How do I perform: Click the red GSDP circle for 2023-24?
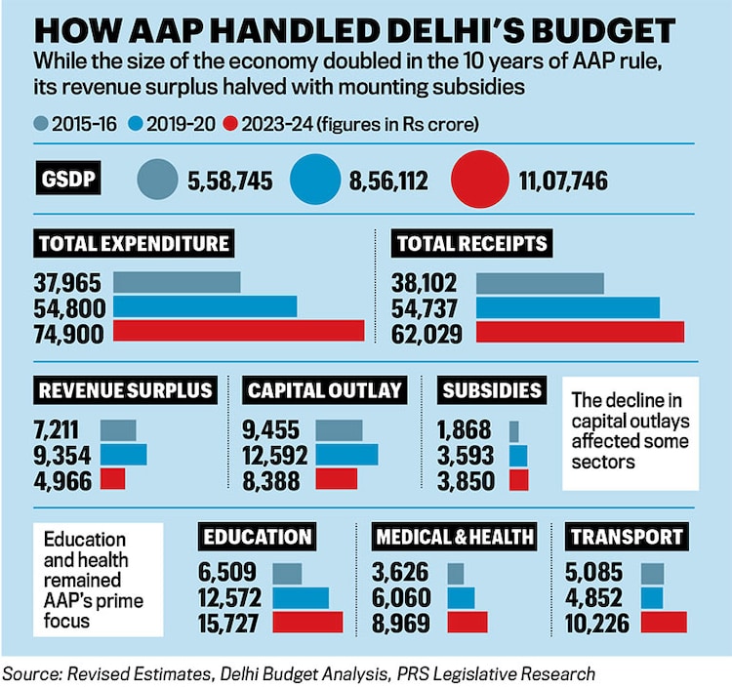click(480, 182)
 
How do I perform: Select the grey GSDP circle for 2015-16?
click(157, 182)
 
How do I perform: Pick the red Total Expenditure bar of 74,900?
click(239, 331)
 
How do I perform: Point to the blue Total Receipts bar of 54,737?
click(567, 307)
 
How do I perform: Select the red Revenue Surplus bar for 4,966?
click(113, 479)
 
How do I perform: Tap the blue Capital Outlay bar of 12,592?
click(346, 455)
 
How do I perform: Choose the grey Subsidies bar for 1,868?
click(514, 430)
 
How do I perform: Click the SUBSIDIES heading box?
click(492, 390)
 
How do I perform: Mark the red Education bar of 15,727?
click(307, 623)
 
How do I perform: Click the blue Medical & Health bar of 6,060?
click(461, 598)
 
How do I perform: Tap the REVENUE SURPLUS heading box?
click(125, 390)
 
